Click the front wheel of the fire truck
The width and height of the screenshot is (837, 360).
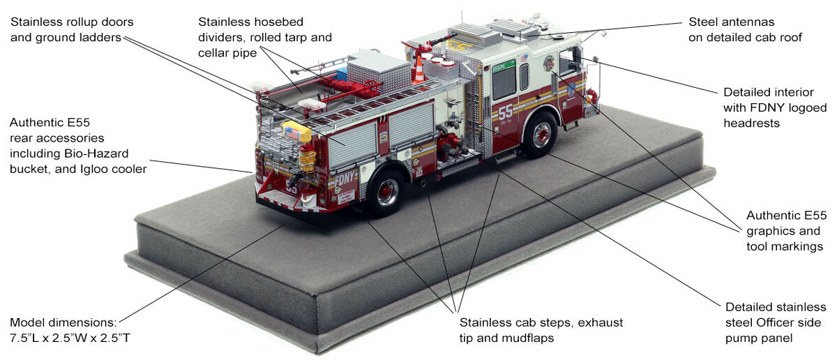pyautogui.click(x=541, y=133)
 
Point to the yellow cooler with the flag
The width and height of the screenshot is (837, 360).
pyautogui.click(x=292, y=131)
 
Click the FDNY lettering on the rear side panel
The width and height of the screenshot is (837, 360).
pyautogui.click(x=345, y=179)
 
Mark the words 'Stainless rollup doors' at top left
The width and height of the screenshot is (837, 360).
pyautogui.click(x=72, y=22)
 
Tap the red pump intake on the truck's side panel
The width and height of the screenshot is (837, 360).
pyautogui.click(x=453, y=149)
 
